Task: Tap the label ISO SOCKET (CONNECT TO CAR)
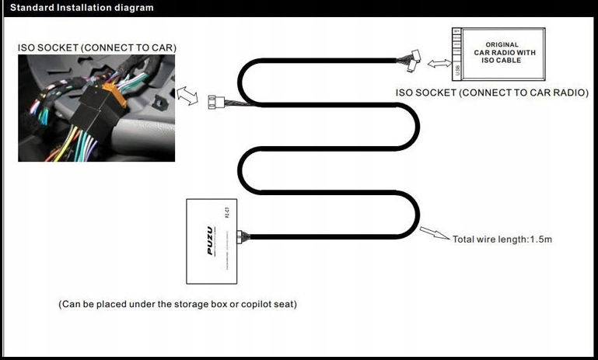tap(97, 48)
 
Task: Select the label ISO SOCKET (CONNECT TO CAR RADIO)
tap(492, 93)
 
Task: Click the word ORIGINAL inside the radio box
tap(502, 45)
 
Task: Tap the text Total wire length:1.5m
tap(502, 239)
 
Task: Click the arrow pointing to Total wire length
tap(435, 233)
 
